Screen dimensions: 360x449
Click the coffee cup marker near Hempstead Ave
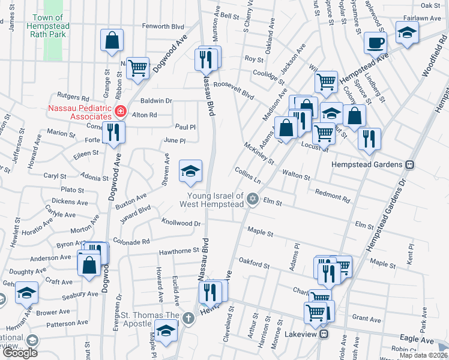coord(376,43)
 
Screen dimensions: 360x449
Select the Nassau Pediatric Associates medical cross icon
coord(120,112)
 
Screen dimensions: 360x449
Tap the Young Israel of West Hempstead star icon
coord(253,199)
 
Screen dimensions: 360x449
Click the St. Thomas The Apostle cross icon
coord(188,317)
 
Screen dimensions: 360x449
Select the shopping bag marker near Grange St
coord(112,40)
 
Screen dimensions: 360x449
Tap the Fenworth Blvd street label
coord(162,26)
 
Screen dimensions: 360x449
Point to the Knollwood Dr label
coord(181,223)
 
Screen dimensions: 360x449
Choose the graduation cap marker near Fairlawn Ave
coord(407,32)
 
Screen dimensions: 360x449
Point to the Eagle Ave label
coord(418,340)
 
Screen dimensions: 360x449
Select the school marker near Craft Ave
coord(26,292)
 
